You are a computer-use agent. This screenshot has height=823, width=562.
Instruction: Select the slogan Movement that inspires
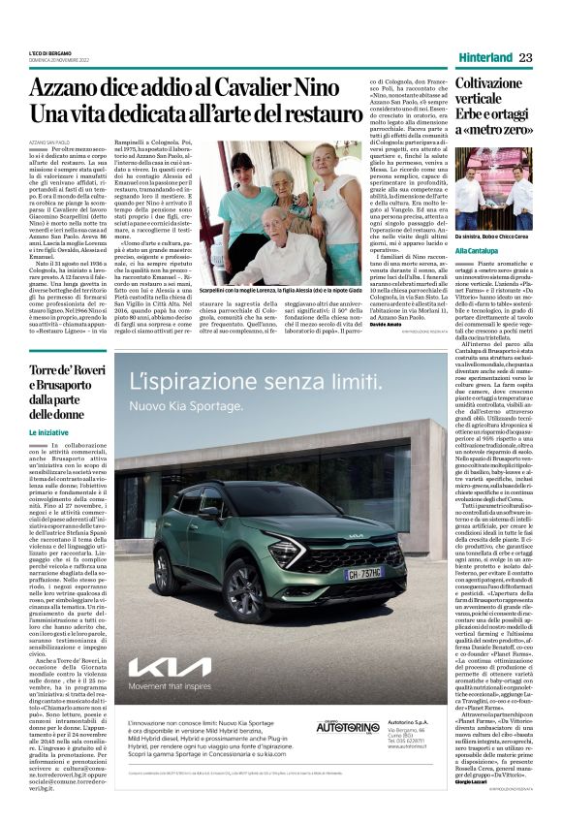click(x=171, y=685)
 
